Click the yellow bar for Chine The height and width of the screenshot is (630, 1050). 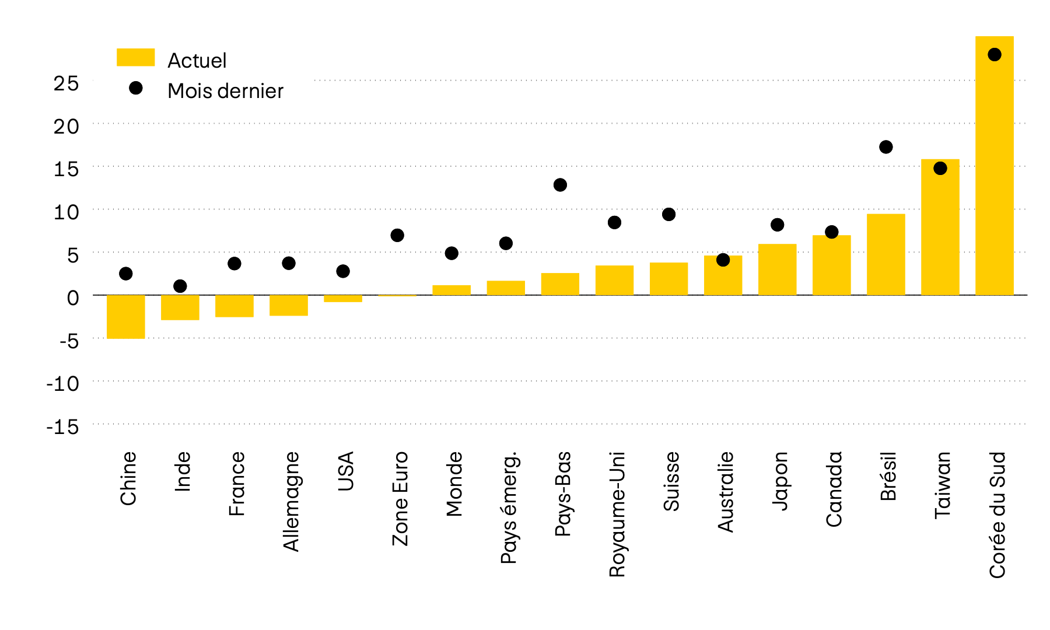click(x=126, y=317)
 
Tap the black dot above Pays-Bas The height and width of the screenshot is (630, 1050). click(x=560, y=185)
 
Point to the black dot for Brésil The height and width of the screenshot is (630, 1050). click(x=885, y=147)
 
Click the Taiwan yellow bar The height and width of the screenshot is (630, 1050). click(x=940, y=228)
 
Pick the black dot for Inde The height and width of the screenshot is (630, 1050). click(x=180, y=286)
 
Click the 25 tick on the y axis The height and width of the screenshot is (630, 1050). click(x=66, y=83)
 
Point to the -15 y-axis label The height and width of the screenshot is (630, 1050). click(x=63, y=427)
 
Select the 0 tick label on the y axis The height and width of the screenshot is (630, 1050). click(x=72, y=298)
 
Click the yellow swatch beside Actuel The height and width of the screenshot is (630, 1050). click(x=135, y=57)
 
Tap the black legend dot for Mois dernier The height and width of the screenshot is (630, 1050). click(x=135, y=88)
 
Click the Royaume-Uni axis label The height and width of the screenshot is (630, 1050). click(x=617, y=513)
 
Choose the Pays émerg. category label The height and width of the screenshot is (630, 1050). click(x=508, y=507)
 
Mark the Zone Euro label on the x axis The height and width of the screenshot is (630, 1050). click(x=400, y=498)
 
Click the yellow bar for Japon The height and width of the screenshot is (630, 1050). click(x=777, y=269)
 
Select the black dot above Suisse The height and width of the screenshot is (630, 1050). click(x=668, y=215)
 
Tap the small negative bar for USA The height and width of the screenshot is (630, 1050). click(x=343, y=298)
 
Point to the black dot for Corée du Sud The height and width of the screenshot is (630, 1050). click(x=994, y=55)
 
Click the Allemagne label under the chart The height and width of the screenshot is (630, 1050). click(x=290, y=501)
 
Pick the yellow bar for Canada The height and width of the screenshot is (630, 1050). click(x=831, y=265)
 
